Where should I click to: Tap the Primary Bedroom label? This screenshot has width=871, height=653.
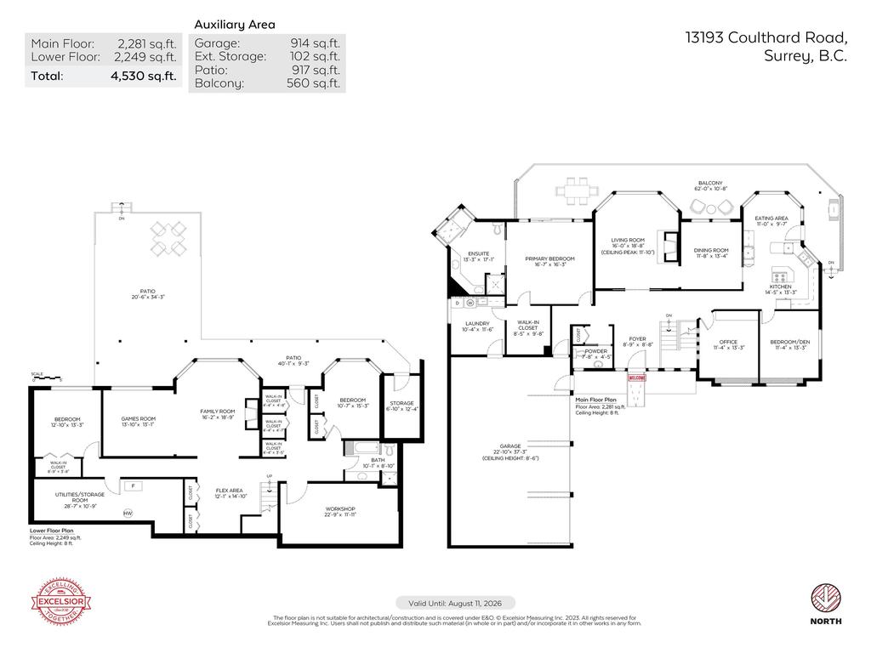(549, 258)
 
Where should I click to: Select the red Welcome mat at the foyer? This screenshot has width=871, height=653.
(637, 378)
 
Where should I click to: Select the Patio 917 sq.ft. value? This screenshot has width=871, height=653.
(316, 70)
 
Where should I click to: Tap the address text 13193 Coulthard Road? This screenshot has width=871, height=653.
(766, 37)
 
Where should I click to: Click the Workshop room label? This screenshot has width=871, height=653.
(339, 511)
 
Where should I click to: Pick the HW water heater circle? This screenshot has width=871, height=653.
(128, 513)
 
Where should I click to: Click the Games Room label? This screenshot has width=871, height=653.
(138, 418)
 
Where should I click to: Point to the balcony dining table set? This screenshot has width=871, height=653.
(575, 191)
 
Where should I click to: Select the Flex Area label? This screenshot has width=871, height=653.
(231, 491)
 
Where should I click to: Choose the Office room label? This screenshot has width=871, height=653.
(726, 343)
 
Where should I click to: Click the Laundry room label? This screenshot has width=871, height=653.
(477, 323)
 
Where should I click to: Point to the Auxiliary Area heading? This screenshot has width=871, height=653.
(235, 25)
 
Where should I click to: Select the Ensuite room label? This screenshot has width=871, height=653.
(478, 253)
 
